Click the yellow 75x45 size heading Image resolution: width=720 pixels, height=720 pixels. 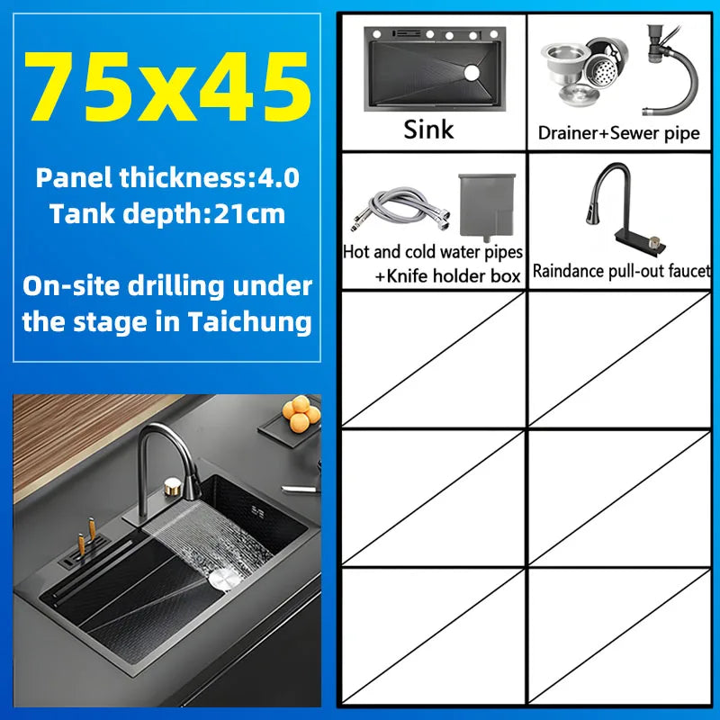coord(167,87)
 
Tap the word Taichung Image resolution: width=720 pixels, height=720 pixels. coord(250,321)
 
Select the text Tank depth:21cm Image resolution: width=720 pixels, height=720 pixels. coord(167,213)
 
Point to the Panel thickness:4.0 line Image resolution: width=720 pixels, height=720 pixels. coord(167,177)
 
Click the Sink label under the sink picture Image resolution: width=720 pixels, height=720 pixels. coord(428,130)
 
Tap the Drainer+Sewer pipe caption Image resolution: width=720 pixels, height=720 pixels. coord(618,133)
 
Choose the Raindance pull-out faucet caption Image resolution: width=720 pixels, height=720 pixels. coord(621,271)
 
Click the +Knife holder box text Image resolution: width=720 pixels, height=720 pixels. coord(447,276)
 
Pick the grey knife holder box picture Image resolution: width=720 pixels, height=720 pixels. coord(487,206)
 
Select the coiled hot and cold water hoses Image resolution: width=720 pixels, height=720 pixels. coord(400,209)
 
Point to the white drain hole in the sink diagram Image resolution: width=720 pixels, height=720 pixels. coord(472,73)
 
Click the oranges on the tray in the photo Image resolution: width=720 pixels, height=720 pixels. coord(301,414)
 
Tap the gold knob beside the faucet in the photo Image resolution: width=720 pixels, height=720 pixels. coord(173,487)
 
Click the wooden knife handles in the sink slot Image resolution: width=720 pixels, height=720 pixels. coord(86,536)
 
